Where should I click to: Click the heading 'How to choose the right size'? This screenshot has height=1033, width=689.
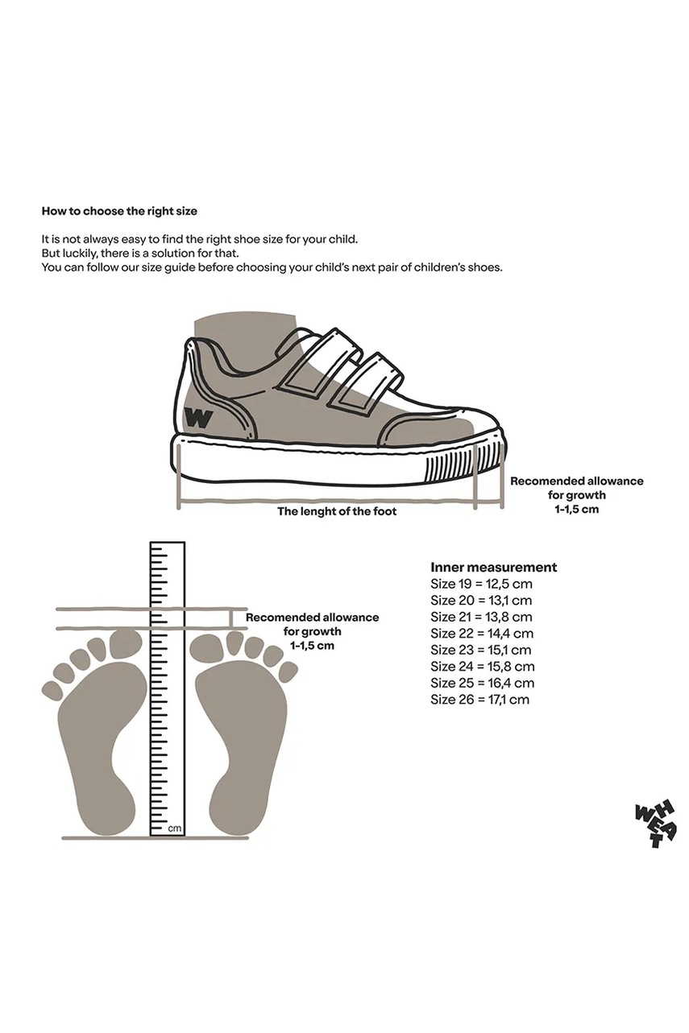click(119, 211)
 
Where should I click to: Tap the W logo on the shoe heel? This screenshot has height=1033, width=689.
click(198, 418)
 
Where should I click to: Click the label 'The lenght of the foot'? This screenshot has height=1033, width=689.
click(337, 511)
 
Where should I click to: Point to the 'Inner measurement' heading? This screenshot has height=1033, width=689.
click(493, 567)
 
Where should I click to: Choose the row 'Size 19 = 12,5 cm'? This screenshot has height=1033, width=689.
click(481, 584)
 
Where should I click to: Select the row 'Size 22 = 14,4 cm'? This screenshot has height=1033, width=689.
click(481, 634)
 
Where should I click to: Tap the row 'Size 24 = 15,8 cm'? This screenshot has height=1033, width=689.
click(482, 667)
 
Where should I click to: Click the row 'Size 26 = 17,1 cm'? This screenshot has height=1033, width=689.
click(479, 700)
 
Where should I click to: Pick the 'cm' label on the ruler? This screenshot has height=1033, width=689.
click(174, 828)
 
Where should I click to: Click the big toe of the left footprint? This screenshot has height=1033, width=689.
click(125, 643)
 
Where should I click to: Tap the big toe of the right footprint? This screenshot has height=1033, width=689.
click(206, 646)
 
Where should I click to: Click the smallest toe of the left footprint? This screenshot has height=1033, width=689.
click(52, 690)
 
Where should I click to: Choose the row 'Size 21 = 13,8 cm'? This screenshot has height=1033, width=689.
click(481, 617)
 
